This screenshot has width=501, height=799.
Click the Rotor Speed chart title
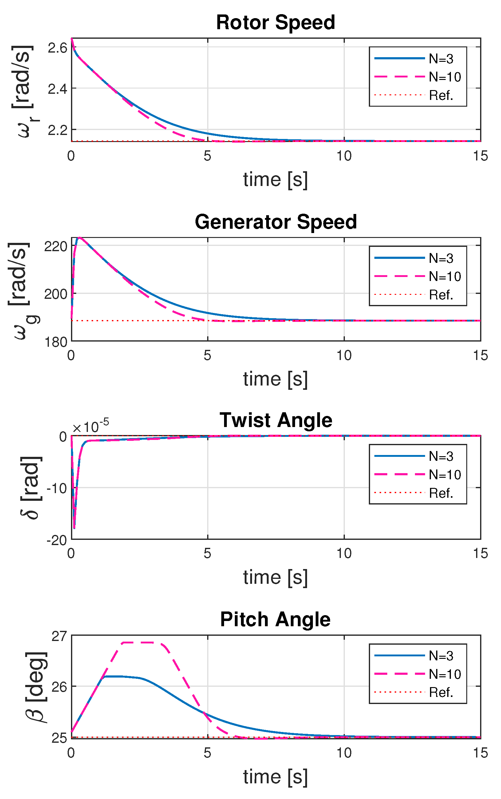(x=275, y=22)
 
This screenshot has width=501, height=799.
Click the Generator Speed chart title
(x=275, y=222)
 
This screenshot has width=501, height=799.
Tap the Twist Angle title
(x=276, y=420)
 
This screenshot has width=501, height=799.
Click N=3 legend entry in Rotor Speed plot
(x=441, y=59)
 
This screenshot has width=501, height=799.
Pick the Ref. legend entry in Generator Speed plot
(x=441, y=295)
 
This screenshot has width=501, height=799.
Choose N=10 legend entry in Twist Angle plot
(x=445, y=475)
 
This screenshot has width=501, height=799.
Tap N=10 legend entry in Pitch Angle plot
(x=445, y=674)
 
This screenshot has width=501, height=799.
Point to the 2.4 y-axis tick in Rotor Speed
(x=57, y=89)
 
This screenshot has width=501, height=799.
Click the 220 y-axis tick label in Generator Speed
(x=55, y=247)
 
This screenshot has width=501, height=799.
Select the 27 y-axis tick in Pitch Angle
(x=59, y=636)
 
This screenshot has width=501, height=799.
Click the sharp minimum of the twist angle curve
(x=74, y=528)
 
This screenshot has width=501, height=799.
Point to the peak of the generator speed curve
(x=79, y=238)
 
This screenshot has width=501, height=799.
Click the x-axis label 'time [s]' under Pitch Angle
(x=275, y=777)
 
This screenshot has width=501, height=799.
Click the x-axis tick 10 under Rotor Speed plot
(x=344, y=156)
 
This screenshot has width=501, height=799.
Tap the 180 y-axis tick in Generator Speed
(x=55, y=342)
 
